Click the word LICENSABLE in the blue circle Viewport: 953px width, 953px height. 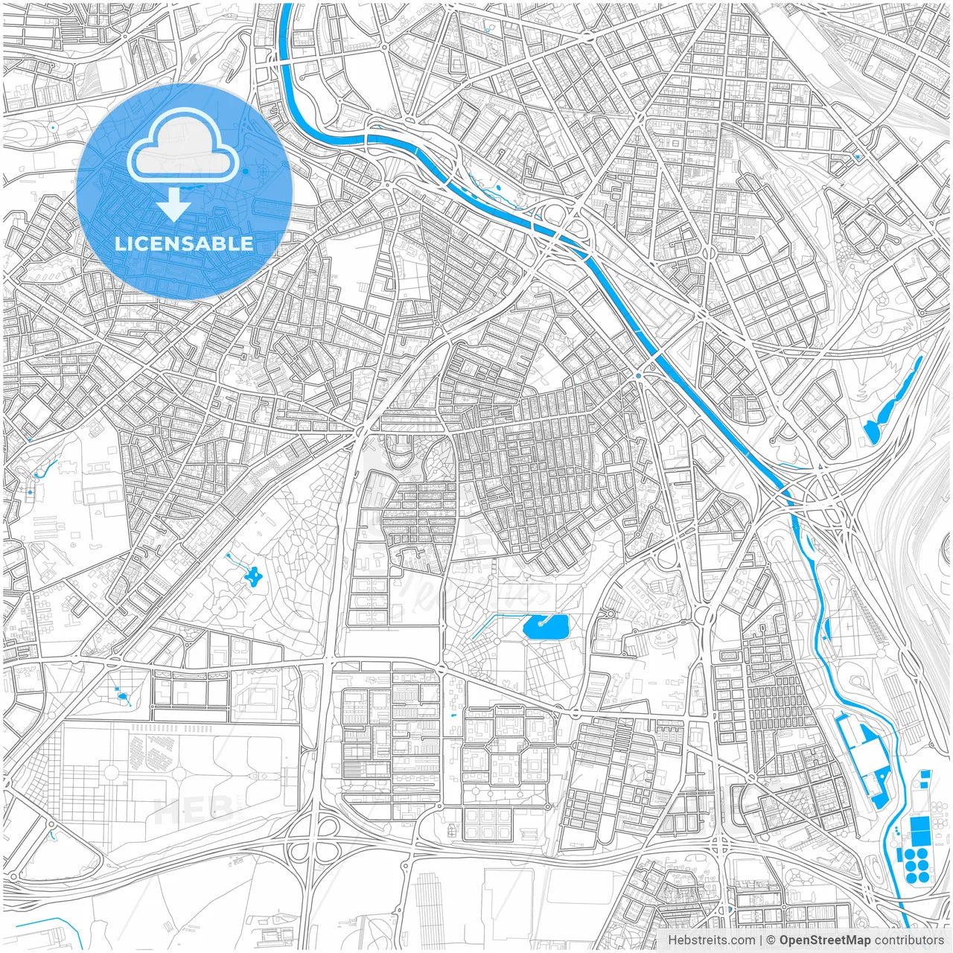pos(184,244)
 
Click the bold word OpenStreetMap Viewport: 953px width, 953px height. pos(824,940)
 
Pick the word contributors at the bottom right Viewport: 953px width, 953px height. pos(909,940)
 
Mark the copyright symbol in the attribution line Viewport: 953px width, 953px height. pos(771,940)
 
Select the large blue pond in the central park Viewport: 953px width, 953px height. pos(546,627)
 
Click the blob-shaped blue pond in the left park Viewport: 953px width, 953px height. pos(253,575)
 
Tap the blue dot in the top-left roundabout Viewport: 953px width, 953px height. pos(54,127)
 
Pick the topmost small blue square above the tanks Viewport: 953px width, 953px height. pos(925,774)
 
